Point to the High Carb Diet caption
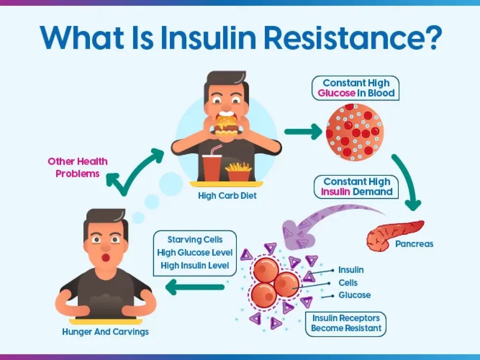coord(227,196)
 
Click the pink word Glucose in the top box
coord(336,93)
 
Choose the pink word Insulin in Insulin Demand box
coord(335,192)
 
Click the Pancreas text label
coord(414,244)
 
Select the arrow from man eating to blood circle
coord(303,132)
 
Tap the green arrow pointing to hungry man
coord(195,287)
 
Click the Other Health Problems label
coord(78,168)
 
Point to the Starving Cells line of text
coord(195,240)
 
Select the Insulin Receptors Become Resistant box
coord(346,324)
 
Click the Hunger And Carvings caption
coord(106,332)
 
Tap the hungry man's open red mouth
coord(106,258)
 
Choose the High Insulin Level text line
coord(195,266)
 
